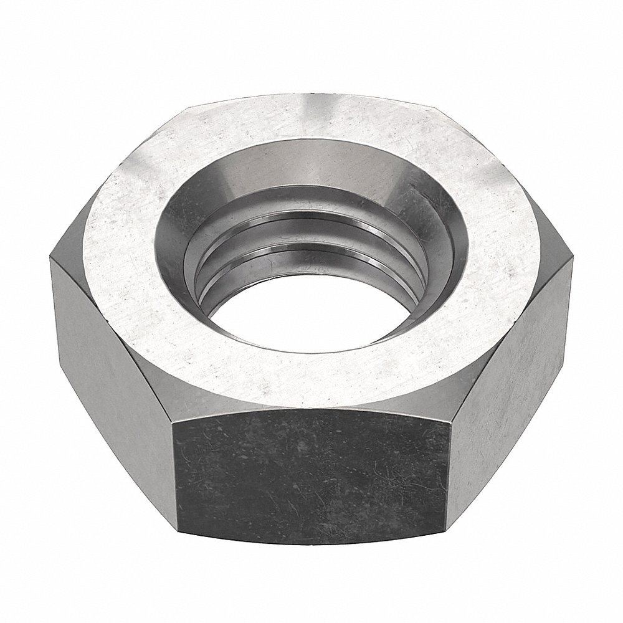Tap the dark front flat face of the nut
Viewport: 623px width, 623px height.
[311, 473]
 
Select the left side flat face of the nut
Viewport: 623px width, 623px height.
[112, 349]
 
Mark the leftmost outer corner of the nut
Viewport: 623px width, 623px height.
[51, 262]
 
